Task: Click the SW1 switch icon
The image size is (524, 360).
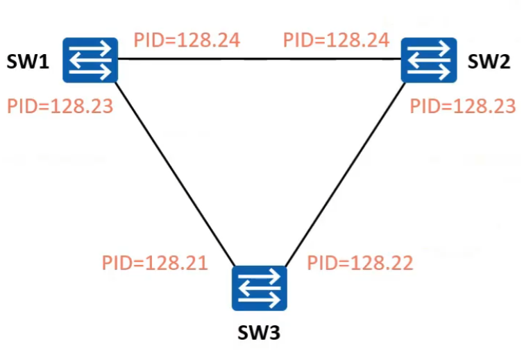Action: click(90, 60)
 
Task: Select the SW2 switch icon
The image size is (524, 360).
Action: click(430, 60)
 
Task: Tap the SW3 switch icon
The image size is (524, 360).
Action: click(259, 288)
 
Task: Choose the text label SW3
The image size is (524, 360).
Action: click(258, 334)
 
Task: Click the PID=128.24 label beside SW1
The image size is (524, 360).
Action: click(187, 40)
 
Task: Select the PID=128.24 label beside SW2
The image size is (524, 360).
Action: click(336, 40)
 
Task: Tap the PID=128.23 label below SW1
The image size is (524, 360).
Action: click(60, 107)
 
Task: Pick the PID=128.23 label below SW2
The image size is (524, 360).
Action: click(462, 106)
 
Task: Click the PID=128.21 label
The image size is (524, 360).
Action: click(155, 263)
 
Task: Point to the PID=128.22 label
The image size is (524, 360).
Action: click(360, 263)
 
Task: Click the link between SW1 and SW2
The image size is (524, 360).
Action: click(260, 59)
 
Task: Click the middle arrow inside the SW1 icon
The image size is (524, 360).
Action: click(90, 60)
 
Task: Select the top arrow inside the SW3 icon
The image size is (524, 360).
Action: click(262, 277)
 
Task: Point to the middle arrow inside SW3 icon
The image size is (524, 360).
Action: click(258, 288)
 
